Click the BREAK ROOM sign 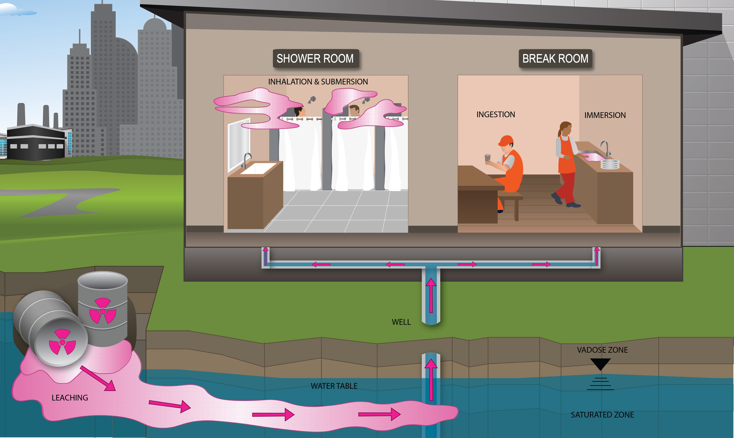(555, 58)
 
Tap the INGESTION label (496, 115)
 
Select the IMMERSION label (605, 115)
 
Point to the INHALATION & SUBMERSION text (318, 82)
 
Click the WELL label (401, 322)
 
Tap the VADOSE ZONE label (602, 350)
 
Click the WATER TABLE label (334, 386)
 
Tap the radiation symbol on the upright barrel (102, 311)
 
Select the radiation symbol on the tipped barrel (62, 342)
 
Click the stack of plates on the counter (610, 164)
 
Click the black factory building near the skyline (35, 143)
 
